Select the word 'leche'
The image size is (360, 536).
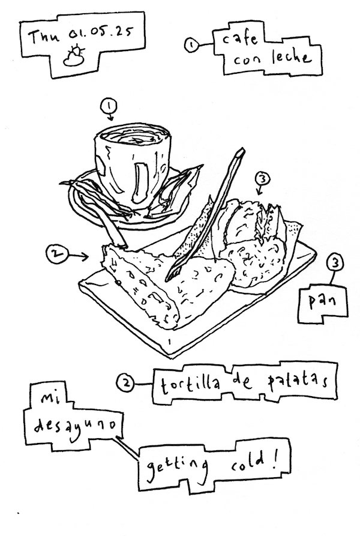pos(292,58)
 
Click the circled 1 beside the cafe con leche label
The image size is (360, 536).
pos(191,45)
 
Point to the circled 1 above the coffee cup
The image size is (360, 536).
pos(109,106)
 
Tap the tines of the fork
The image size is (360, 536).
pos(172,274)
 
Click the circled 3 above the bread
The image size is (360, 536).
pos(262,179)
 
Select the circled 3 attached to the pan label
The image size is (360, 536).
pos(335,263)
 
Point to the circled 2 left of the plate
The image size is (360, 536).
pos(54,254)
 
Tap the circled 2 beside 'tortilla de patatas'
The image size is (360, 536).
pos(125,383)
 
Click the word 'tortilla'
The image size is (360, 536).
pos(190,384)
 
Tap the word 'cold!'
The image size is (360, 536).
pos(254,462)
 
